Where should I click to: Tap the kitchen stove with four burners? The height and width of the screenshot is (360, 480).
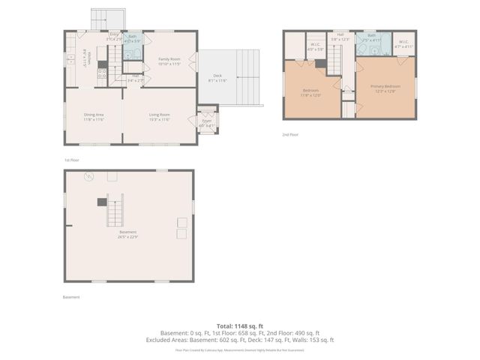click(101, 73)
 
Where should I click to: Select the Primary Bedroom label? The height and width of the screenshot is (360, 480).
click(385, 87)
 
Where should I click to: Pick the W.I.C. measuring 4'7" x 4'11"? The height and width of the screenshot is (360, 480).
click(403, 43)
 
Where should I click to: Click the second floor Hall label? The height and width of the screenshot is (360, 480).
click(340, 36)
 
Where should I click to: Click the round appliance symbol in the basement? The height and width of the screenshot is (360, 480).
click(88, 178)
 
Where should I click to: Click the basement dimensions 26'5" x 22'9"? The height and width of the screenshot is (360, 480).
click(128, 236)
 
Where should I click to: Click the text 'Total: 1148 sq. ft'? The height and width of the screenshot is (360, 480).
click(239, 325)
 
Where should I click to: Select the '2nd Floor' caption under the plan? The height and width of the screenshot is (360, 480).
click(291, 134)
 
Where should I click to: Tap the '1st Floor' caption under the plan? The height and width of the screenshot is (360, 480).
click(71, 160)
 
